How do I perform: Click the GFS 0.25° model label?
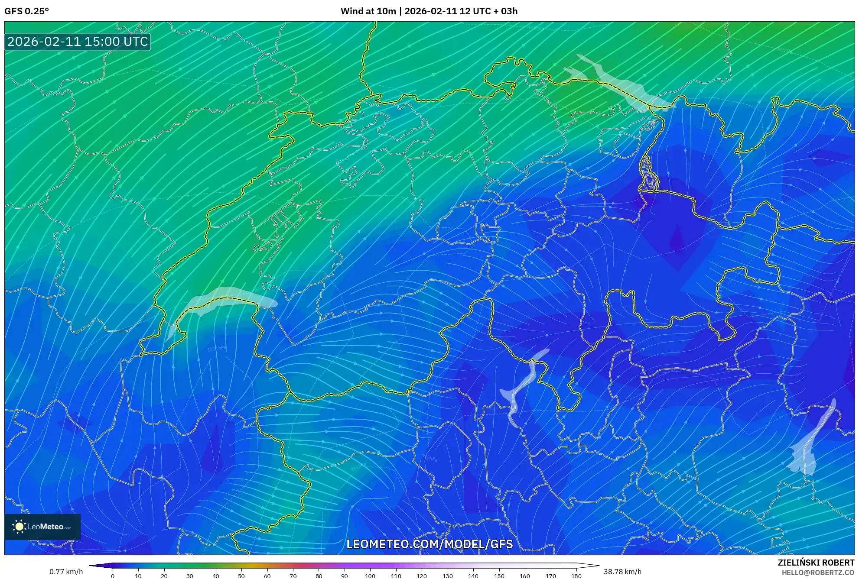coord(26,11)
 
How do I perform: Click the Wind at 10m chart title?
coord(429,11)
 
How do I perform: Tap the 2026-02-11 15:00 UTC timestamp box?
coord(78,42)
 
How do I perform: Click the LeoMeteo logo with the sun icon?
coord(42,527)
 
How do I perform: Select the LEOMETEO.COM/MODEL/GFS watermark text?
coord(429,544)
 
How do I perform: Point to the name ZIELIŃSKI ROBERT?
coord(816,563)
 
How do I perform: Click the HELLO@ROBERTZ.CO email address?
coord(817,573)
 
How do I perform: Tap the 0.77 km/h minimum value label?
coord(66,572)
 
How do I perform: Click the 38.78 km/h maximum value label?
coord(622,572)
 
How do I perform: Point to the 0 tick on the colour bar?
coord(113,576)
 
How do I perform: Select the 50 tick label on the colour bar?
coord(241,576)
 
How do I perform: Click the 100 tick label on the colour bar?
coord(370,576)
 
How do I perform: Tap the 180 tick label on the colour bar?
coord(576,576)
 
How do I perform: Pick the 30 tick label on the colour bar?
coord(190,576)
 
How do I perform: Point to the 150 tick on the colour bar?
coord(499,576)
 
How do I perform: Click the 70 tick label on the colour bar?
coord(293,576)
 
